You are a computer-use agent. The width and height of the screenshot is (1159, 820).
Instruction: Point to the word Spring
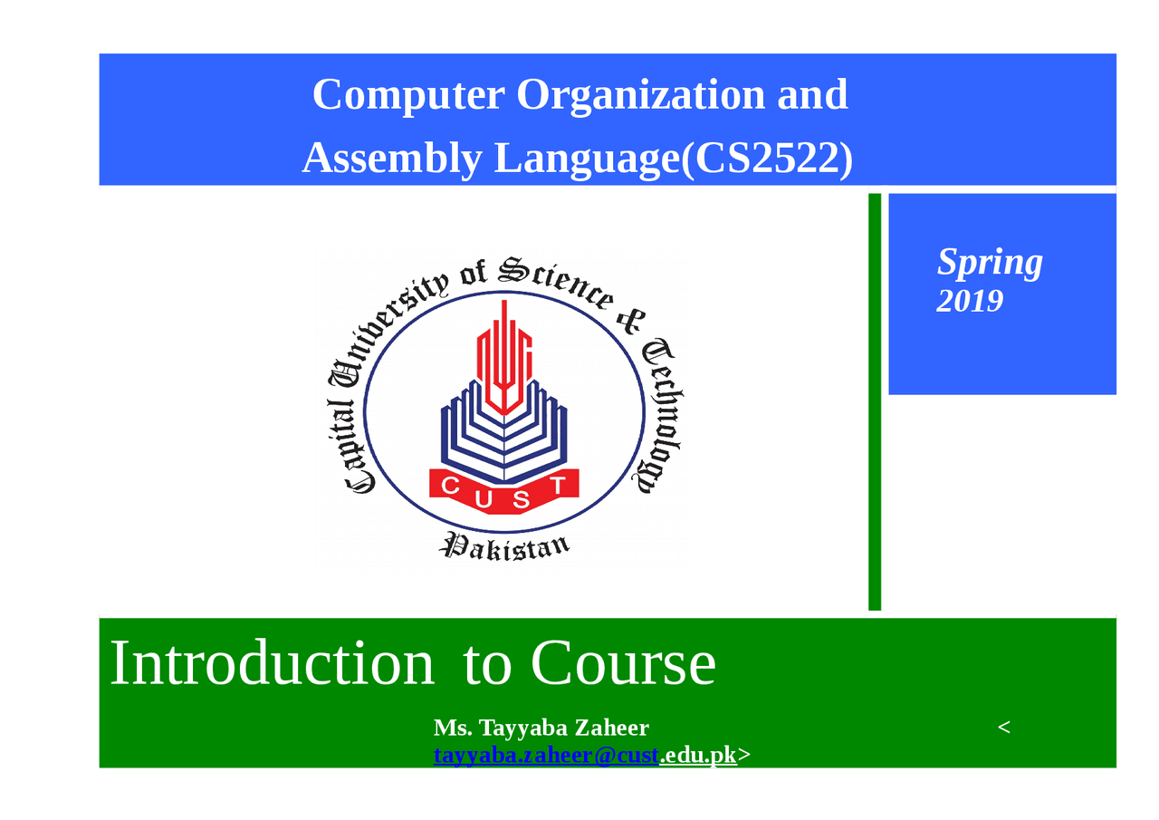click(990, 263)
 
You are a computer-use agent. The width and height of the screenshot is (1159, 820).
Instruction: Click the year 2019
click(970, 301)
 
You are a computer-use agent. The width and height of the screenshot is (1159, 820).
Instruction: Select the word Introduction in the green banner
click(272, 663)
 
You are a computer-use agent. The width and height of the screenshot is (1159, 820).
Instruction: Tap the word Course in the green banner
click(623, 663)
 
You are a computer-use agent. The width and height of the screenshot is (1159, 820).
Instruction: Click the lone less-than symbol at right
click(1003, 728)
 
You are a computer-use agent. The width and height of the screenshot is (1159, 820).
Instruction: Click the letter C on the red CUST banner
click(450, 487)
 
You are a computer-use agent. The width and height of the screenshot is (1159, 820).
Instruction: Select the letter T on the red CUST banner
click(559, 486)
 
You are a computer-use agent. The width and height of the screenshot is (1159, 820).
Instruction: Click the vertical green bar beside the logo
click(875, 401)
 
